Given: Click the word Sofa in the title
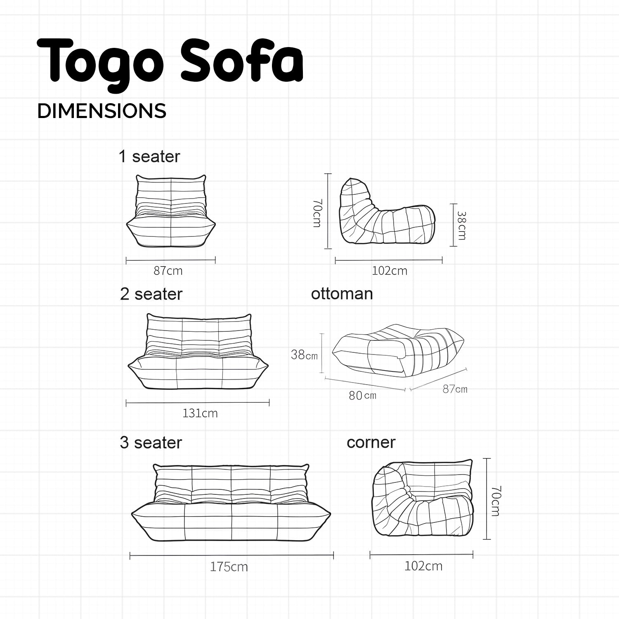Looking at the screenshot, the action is (242, 60).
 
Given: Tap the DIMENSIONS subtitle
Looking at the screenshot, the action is (102, 111).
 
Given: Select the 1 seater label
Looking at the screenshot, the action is (149, 157).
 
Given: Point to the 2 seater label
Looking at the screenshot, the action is (151, 294).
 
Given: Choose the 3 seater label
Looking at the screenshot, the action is (151, 443).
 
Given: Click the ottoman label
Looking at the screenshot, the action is (342, 294).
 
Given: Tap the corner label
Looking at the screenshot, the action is (371, 443).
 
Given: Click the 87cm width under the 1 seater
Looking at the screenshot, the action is (168, 271).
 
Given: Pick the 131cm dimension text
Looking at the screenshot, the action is (200, 413).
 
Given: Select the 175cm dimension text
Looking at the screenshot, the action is (229, 567).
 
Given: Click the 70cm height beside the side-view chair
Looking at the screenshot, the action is (317, 213).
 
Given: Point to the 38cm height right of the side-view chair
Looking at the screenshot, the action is (461, 226).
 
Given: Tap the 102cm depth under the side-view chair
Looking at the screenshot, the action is (390, 271).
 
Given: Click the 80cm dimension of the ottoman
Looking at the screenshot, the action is (362, 395).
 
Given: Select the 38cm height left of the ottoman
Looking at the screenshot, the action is (304, 354).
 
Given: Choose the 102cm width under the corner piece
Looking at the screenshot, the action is (423, 566).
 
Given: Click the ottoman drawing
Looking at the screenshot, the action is (399, 350).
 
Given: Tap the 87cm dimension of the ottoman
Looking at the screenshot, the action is (455, 389).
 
